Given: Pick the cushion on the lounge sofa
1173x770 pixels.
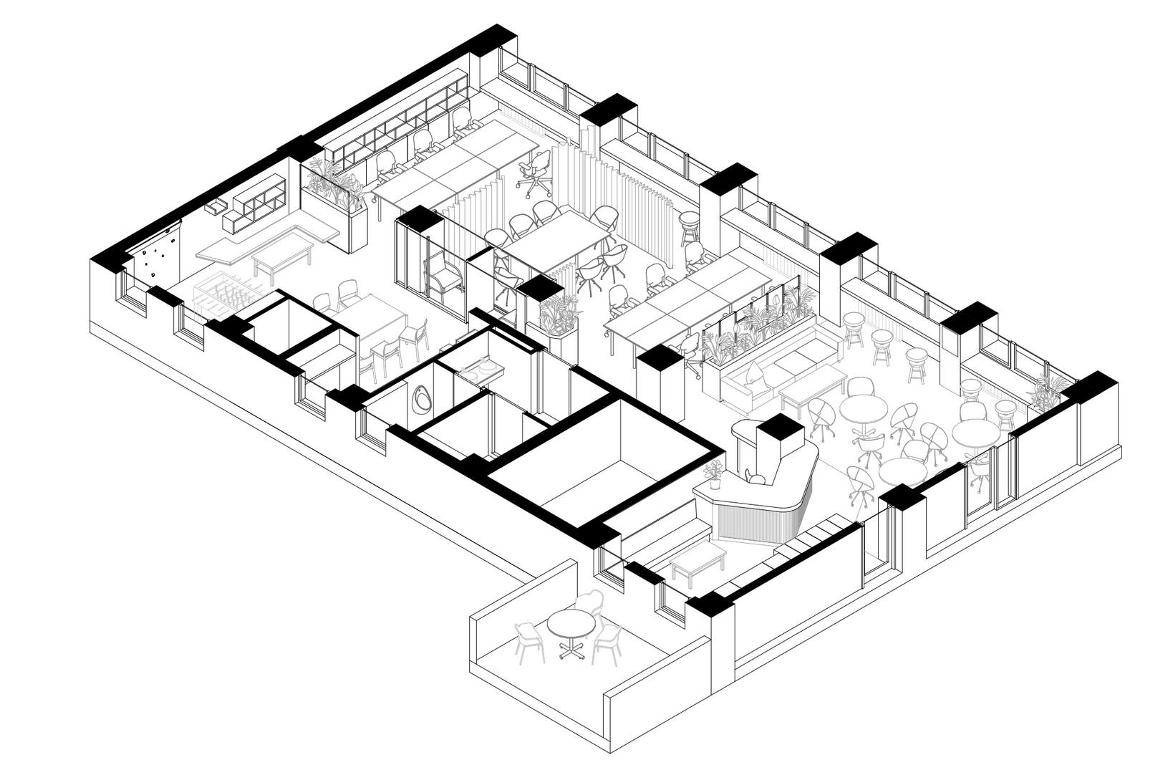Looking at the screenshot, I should pos(754,372).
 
